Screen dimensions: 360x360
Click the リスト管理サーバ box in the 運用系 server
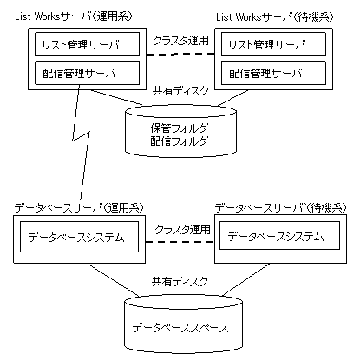87,44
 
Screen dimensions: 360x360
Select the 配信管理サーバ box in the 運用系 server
87,73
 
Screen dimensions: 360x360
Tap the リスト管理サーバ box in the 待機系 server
273,44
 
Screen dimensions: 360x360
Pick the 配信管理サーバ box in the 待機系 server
273,73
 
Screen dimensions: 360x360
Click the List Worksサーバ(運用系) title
74,16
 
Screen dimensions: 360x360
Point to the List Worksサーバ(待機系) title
275,17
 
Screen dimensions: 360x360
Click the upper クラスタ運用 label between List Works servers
180,40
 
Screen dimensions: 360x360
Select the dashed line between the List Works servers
180,54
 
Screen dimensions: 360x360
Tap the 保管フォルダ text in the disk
180,128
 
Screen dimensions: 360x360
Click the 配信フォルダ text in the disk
180,141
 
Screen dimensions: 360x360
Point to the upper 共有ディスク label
180,91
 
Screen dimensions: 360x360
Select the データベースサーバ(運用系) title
79,207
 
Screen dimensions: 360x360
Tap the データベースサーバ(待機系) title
280,207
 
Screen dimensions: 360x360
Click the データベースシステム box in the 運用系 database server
79,237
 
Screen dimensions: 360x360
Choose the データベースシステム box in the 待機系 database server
279,235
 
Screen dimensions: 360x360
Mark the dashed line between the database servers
180,242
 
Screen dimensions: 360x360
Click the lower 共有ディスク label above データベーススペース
180,281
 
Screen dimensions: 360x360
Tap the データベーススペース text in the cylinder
180,328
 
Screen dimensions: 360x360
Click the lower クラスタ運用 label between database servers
182,230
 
